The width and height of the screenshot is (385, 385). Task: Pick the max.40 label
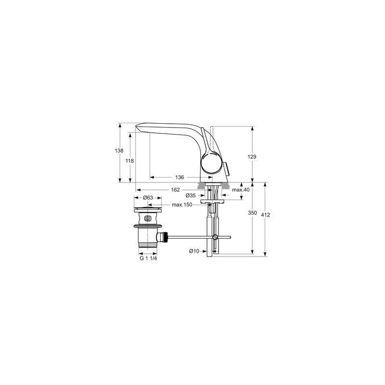click(x=240, y=190)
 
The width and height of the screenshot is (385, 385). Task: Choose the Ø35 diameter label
click(x=191, y=196)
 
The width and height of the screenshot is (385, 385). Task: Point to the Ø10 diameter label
click(x=194, y=251)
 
